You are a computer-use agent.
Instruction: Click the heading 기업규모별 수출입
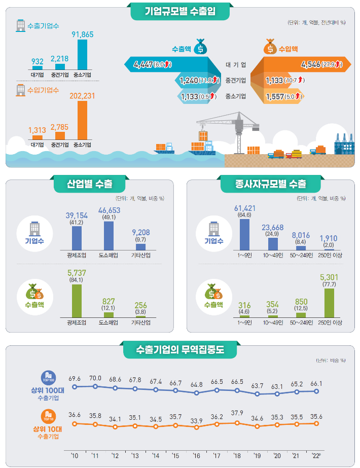click(x=180, y=12)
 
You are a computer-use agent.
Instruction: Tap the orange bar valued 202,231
click(x=82, y=120)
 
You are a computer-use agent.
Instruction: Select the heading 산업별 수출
click(x=90, y=184)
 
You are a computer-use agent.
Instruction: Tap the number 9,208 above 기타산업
click(x=140, y=232)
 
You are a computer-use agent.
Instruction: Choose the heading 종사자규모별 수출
click(x=271, y=184)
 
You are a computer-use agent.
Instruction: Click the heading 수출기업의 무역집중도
click(x=180, y=350)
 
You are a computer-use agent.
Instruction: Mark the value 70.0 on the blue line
click(x=95, y=378)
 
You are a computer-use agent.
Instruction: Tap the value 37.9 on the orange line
click(x=237, y=412)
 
